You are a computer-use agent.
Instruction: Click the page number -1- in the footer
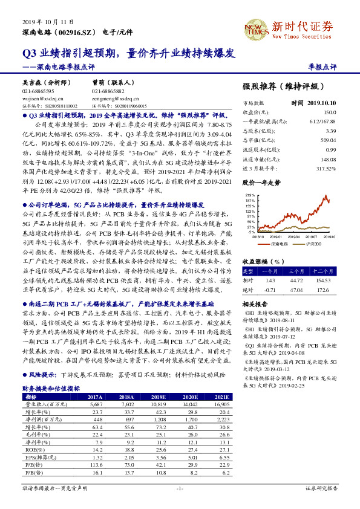coord(180,488)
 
